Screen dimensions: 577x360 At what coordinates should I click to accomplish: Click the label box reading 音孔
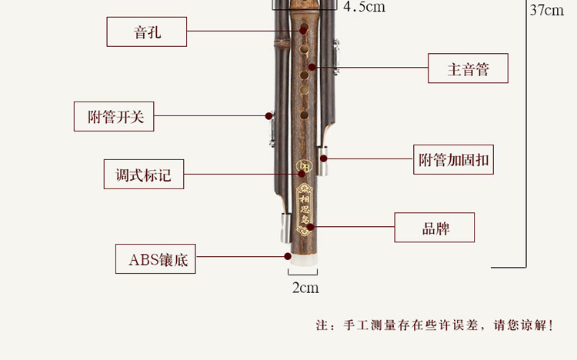click(147, 32)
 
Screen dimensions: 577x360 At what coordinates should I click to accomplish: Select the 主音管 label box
click(468, 69)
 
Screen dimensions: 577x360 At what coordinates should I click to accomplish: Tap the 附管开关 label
click(115, 117)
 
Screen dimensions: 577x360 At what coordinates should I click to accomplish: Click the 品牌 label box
click(435, 228)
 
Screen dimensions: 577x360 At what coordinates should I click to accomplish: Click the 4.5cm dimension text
click(364, 7)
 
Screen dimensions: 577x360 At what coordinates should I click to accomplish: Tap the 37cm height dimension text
click(547, 11)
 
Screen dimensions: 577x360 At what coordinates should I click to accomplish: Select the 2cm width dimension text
click(305, 288)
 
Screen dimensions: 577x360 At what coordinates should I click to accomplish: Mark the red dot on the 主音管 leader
click(312, 68)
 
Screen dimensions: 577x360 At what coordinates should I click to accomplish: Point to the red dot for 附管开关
click(268, 116)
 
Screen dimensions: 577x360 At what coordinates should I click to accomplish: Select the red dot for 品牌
click(310, 227)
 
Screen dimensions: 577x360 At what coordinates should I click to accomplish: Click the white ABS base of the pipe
click(303, 262)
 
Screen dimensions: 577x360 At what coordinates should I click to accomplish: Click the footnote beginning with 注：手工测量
click(435, 325)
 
